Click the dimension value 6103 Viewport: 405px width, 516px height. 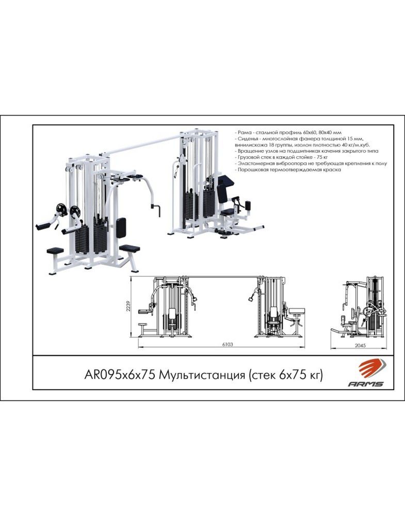pyautogui.click(x=228, y=345)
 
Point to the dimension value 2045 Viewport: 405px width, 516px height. pyautogui.click(x=360, y=346)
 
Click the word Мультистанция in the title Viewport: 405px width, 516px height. pyautogui.click(x=202, y=375)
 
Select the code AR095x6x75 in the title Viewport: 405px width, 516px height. pyautogui.click(x=120, y=375)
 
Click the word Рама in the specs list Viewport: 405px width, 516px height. pyautogui.click(x=244, y=133)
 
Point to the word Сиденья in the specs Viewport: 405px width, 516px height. pyautogui.click(x=248, y=138)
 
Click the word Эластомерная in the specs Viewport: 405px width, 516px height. pyautogui.click(x=255, y=164)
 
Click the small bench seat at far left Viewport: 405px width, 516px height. pyautogui.click(x=55, y=251)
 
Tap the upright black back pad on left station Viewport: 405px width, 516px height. pyautogui.click(x=121, y=228)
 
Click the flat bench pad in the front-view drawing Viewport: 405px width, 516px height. pyautogui.click(x=297, y=310)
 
